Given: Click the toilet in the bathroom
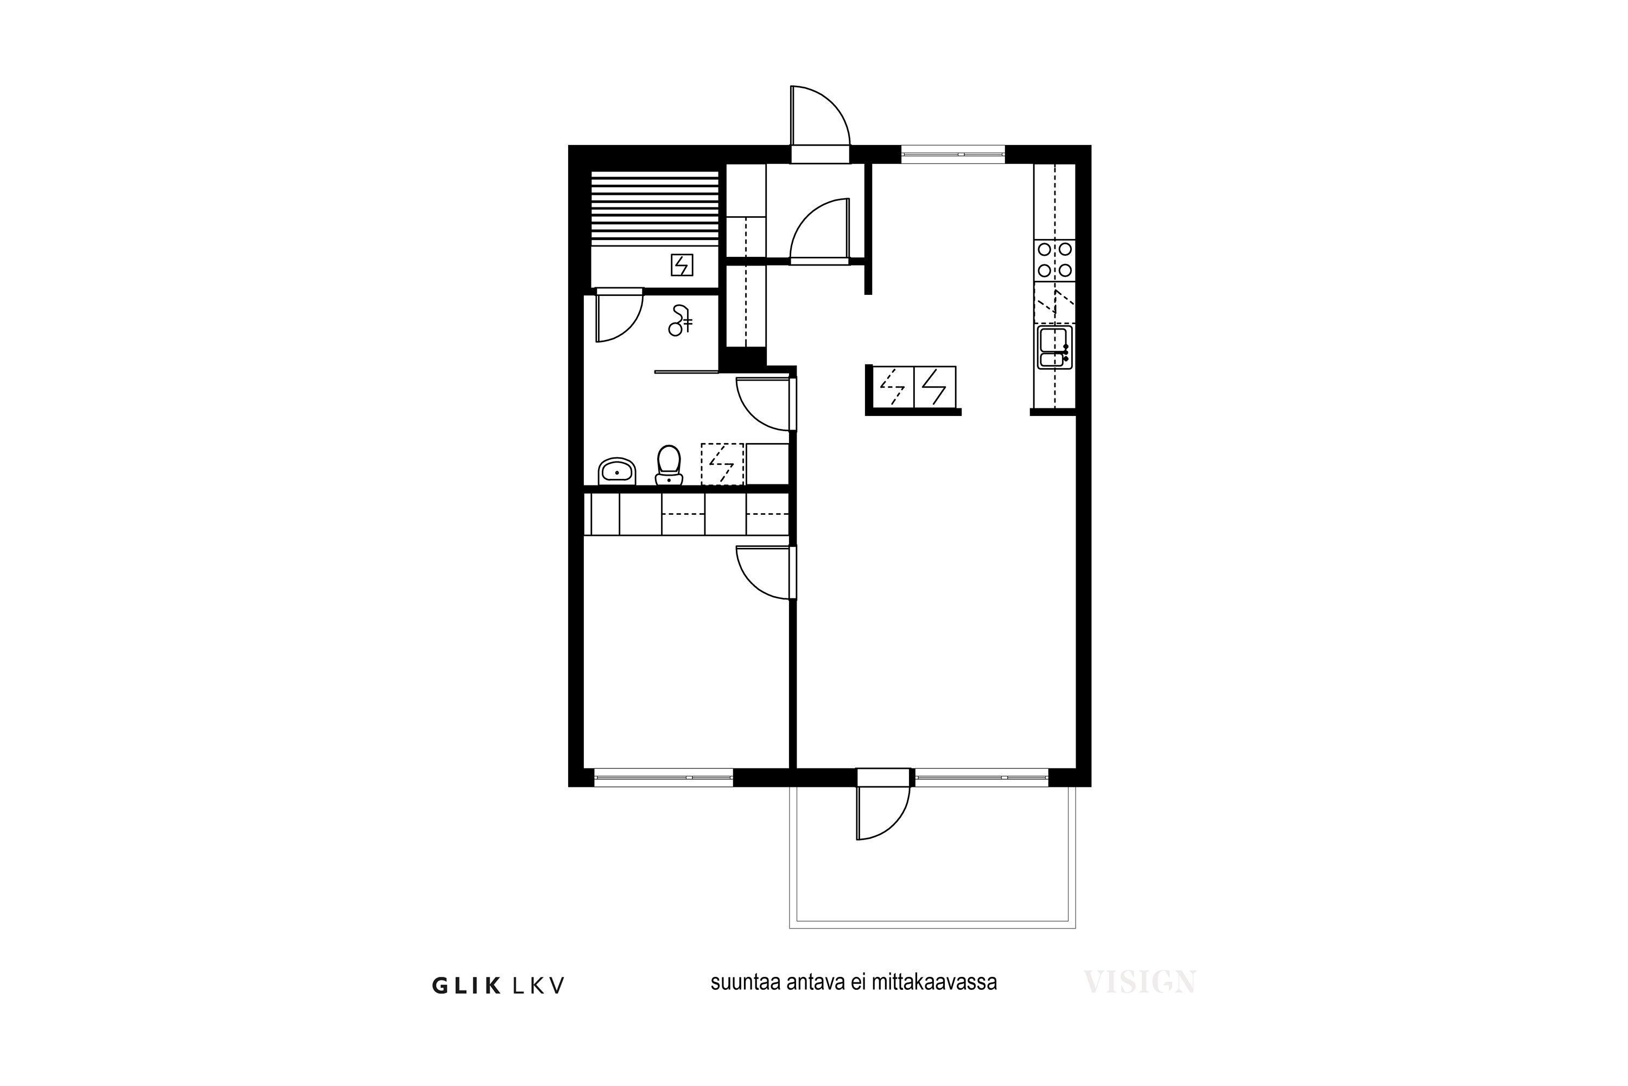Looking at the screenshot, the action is point(669,464).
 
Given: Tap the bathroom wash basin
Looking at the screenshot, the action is point(616,471).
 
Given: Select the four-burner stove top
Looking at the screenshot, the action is point(1055,260).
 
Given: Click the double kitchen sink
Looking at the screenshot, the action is point(1053,347).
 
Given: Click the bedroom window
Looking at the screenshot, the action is point(663,778).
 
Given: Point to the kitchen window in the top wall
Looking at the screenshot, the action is point(952,154).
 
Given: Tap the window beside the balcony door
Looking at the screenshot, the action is point(982,778).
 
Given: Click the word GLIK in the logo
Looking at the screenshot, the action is point(467,986).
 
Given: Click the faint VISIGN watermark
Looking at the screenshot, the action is point(1139,982).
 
